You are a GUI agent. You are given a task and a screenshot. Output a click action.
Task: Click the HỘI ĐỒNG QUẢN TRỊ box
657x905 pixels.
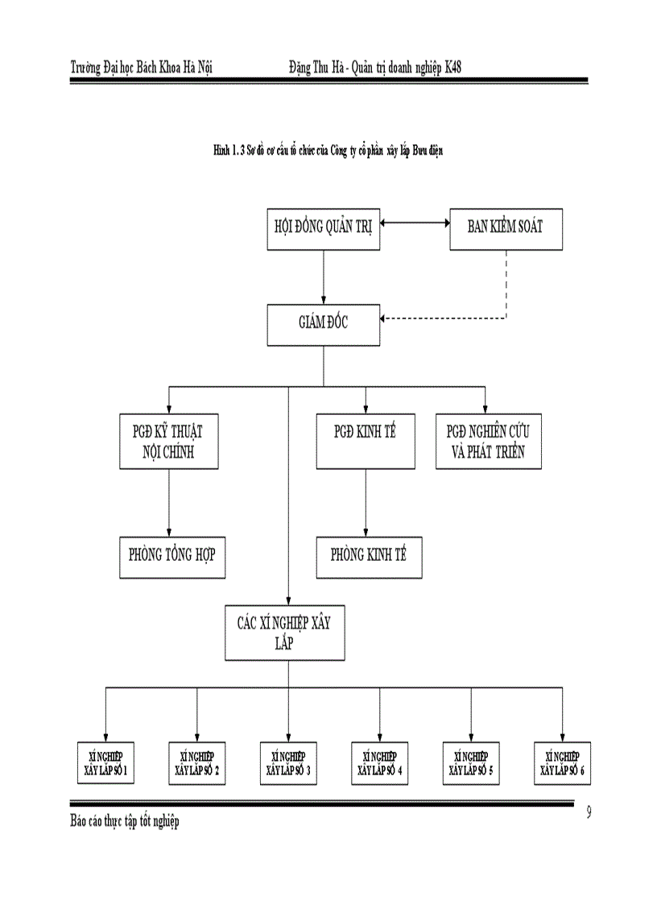tap(324, 226)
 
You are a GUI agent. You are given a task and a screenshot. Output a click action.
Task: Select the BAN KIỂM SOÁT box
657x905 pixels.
tap(505, 226)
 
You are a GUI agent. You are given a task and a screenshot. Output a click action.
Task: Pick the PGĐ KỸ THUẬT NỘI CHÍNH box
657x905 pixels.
tap(168, 442)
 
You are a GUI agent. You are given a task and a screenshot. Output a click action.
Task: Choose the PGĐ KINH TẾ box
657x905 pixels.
tap(366, 442)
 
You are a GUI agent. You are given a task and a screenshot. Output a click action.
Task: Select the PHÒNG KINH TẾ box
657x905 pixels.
tap(368, 556)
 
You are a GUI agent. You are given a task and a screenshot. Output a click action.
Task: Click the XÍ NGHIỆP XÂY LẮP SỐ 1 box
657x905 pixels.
tap(105, 762)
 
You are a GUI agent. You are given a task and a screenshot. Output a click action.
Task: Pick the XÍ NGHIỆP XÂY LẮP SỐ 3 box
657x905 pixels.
tap(288, 762)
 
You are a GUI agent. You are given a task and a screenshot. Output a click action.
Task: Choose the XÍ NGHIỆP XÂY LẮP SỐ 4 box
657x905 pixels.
tap(380, 762)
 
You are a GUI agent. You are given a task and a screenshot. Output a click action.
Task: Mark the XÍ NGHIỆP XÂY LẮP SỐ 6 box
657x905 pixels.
tap(563, 762)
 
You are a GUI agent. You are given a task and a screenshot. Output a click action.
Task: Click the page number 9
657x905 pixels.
tap(589, 812)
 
